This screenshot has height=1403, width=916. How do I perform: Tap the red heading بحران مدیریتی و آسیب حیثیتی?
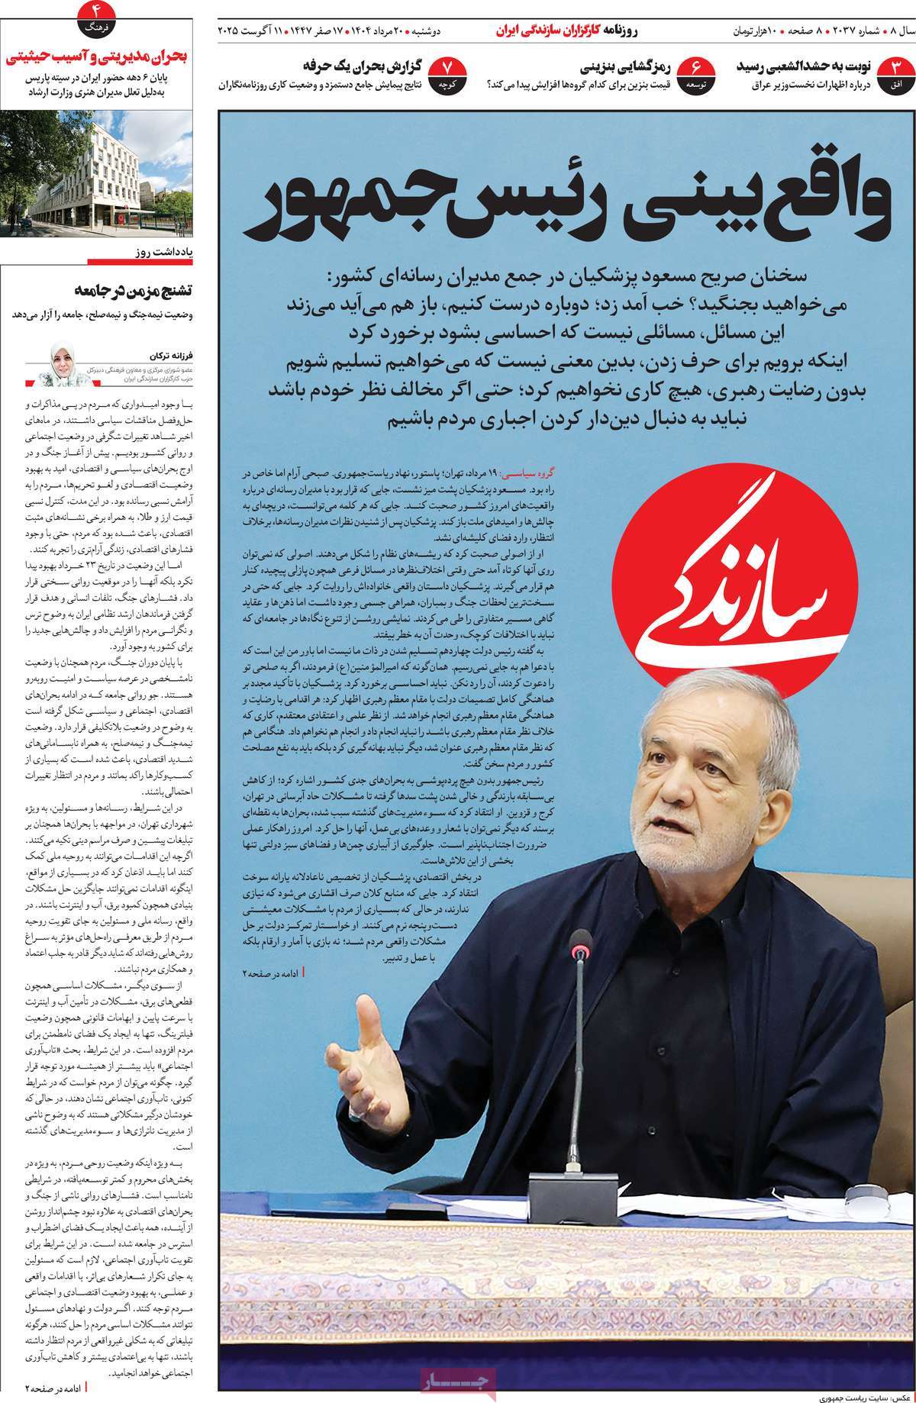click(x=97, y=56)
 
